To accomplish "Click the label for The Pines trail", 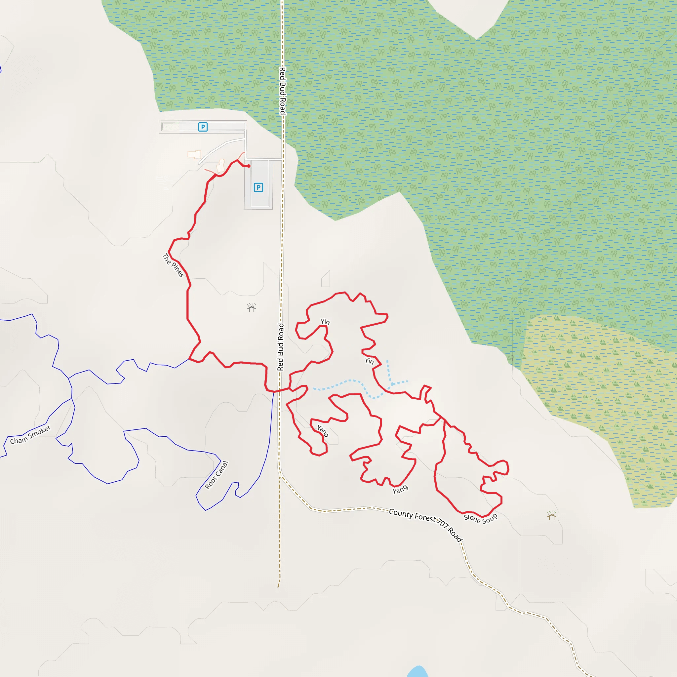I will tap(173, 265).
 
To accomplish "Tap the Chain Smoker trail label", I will tap(30, 435).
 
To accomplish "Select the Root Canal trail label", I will tap(217, 475).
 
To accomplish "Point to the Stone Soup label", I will tap(480, 518).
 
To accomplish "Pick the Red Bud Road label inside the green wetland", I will tap(282, 91).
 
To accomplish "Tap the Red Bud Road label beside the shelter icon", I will tap(281, 347).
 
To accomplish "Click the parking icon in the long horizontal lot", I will tap(203, 127).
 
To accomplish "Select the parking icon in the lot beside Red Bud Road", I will tap(258, 187).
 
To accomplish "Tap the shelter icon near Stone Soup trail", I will tap(552, 516).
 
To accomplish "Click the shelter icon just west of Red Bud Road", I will tap(251, 308).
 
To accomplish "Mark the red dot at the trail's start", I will tap(249, 166).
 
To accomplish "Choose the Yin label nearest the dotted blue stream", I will tap(369, 361).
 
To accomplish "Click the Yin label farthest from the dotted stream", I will tap(325, 321).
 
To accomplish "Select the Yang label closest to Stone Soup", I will tap(400, 489).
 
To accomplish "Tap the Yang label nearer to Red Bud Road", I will tap(323, 431).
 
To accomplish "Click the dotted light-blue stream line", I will tap(350, 381).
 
